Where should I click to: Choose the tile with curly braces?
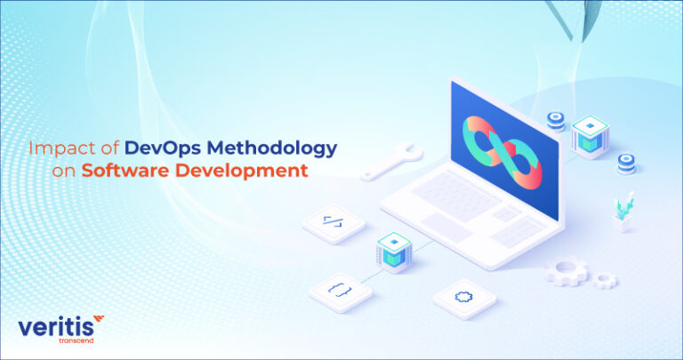tap(341, 287)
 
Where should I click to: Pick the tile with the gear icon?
tap(462, 297)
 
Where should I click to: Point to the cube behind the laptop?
tap(589, 136)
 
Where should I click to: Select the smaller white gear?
tap(605, 280)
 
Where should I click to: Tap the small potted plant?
tap(623, 212)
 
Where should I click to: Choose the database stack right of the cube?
tap(626, 163)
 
